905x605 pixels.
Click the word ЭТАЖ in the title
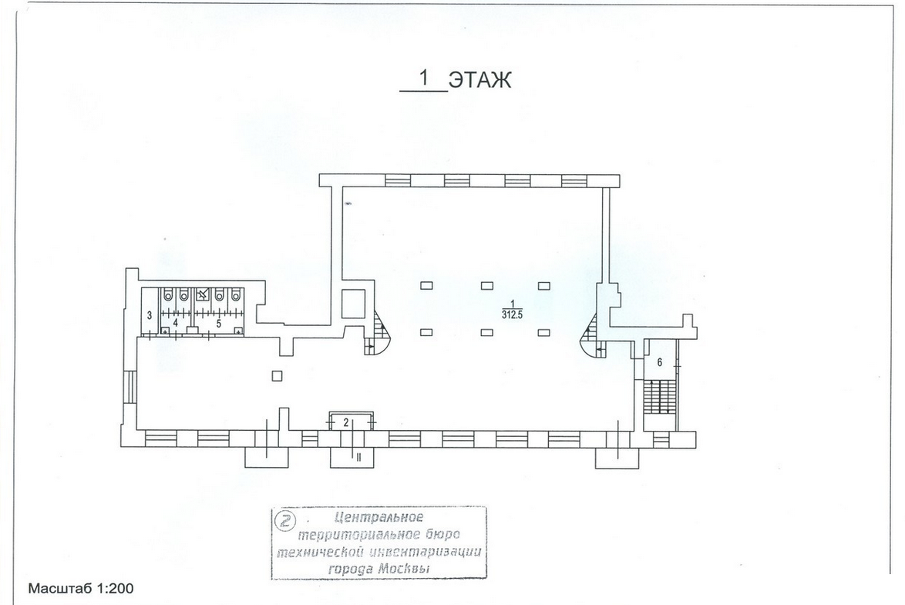479,79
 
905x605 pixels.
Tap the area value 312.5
511,315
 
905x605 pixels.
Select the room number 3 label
150,316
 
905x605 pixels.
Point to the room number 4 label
176,324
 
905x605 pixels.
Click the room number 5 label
219,324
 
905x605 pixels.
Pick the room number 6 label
660,362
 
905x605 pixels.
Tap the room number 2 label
346,422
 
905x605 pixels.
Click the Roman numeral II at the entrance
358,457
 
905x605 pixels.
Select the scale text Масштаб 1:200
81,588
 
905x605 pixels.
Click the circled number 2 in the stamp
284,521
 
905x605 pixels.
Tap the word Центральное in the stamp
378,517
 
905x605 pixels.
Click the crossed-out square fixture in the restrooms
202,295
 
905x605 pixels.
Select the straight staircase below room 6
659,396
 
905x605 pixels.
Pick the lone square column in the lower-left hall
277,376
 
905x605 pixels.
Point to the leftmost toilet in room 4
167,296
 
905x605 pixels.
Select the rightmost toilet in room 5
235,296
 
